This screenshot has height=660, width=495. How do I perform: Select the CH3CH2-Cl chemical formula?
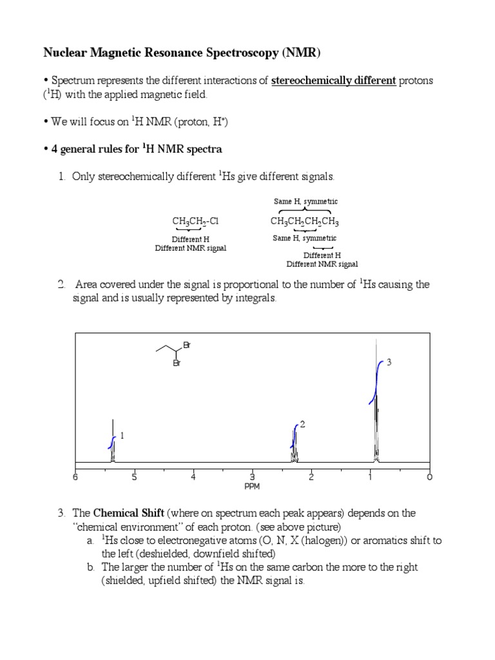point(195,222)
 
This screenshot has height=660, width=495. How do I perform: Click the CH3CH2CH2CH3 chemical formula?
point(304,222)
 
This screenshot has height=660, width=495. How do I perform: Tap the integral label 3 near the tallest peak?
point(389,363)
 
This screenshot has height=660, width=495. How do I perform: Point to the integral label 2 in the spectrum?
point(302,424)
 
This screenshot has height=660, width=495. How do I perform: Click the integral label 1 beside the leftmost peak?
point(121,436)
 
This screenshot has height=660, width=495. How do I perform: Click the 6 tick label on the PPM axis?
point(75,478)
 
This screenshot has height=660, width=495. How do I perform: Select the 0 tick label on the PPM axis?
point(429,478)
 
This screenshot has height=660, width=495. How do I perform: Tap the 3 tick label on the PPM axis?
point(252,478)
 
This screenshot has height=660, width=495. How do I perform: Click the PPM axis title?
point(252,487)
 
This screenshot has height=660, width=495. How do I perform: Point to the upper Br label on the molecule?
point(187,345)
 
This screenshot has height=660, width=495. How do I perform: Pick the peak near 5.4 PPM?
point(113,445)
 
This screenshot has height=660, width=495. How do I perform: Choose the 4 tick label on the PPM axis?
point(193,478)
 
